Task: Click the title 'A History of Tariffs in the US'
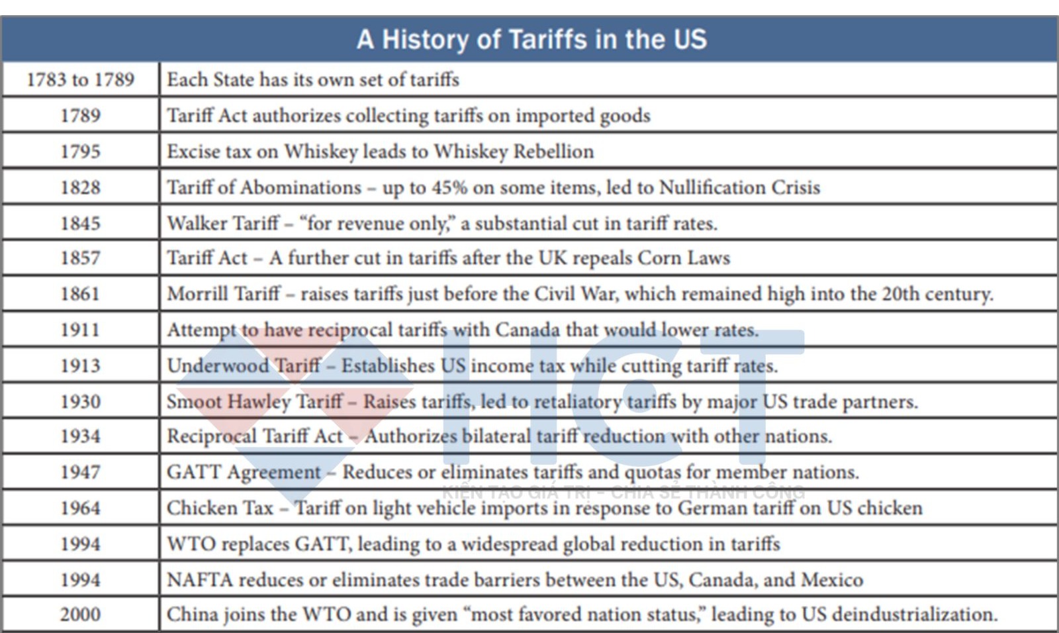pyautogui.click(x=531, y=39)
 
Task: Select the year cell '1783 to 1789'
pyautogui.click(x=80, y=79)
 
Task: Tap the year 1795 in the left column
pyautogui.click(x=80, y=151)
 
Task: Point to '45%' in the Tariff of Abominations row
pyautogui.click(x=449, y=187)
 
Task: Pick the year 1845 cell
pyautogui.click(x=80, y=223)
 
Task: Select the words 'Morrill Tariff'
pyautogui.click(x=223, y=293)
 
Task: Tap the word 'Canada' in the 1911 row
pyautogui.click(x=527, y=330)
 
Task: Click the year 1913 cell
pyautogui.click(x=80, y=365)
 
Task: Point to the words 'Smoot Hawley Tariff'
pyautogui.click(x=255, y=401)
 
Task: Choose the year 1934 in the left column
pyautogui.click(x=80, y=436)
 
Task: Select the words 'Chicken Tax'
pyautogui.click(x=220, y=508)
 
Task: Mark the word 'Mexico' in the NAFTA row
pyautogui.click(x=832, y=579)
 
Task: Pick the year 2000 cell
pyautogui.click(x=80, y=614)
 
